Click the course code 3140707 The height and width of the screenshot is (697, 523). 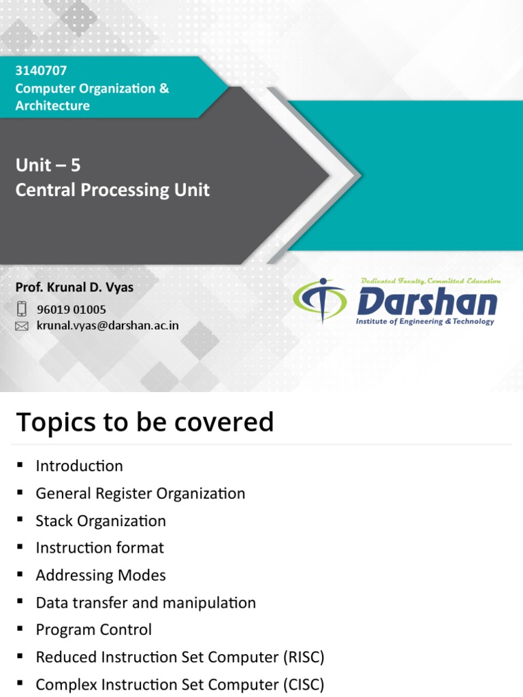pos(41,71)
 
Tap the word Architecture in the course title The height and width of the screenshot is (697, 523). pos(52,106)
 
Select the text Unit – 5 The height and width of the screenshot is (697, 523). pos(48,165)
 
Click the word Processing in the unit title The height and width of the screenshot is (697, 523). pos(129,190)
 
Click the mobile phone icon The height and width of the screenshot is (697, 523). pos(22,309)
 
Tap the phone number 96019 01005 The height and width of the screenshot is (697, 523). pos(72,310)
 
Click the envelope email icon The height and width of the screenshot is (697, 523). pos(22,326)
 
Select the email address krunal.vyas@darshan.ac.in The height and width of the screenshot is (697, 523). pos(108,325)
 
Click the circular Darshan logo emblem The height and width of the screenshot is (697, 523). pos(319,300)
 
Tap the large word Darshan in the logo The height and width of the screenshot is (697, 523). pos(427,302)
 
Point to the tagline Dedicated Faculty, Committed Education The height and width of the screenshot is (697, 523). pos(430,280)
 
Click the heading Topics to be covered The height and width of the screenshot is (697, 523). pos(144,422)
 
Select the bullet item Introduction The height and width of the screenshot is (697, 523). pos(79,466)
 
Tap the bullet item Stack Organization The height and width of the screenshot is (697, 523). pos(101,521)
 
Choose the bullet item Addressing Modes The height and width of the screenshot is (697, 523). pos(101,575)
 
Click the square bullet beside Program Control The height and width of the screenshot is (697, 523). pos(20,629)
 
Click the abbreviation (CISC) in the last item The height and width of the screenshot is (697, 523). pos(302,684)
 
